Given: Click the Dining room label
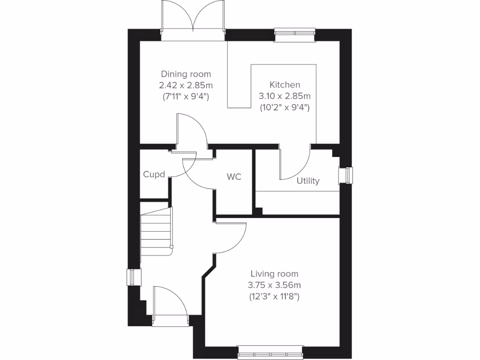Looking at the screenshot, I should tap(186, 74).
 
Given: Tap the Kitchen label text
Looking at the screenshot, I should tap(285, 85).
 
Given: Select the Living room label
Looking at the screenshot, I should tap(274, 274).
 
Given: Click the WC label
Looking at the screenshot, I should tap(234, 177).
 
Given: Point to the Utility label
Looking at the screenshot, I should tap(308, 181).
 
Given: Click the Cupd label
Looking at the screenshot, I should tap(154, 175).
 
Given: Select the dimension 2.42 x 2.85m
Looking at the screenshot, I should tap(186, 85).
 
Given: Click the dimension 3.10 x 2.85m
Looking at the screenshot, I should tap(285, 96).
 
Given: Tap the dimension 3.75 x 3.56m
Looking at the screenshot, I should tap(274, 285).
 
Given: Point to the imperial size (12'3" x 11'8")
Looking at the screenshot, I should tap(274, 297).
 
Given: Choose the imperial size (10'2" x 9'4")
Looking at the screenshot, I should tap(285, 107).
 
